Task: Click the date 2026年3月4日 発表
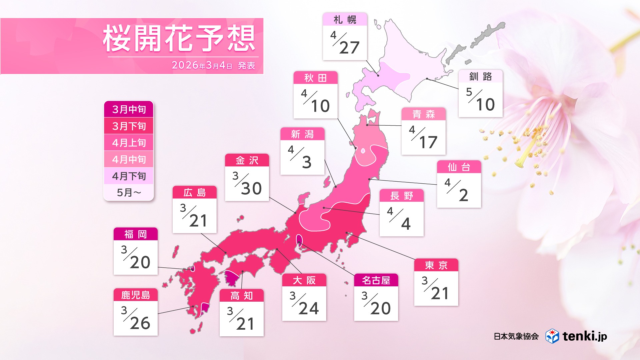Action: [x=213, y=65]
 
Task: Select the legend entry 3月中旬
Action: [x=129, y=109]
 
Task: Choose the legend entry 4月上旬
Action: [x=129, y=143]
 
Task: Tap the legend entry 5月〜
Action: [x=129, y=192]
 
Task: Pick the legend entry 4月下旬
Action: [x=129, y=176]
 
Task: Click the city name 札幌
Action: [x=345, y=20]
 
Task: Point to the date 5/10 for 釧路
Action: [x=480, y=100]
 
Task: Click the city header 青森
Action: [x=423, y=114]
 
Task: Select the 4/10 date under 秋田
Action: [x=315, y=101]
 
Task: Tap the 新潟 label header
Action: [x=302, y=134]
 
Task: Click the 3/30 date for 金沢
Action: [x=247, y=184]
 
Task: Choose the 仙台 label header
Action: [x=459, y=167]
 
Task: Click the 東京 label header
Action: [x=436, y=265]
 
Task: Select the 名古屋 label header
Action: [x=376, y=280]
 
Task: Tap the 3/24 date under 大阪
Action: [x=304, y=304]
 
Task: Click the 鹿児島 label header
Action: [x=135, y=295]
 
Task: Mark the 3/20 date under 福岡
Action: [x=135, y=257]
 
